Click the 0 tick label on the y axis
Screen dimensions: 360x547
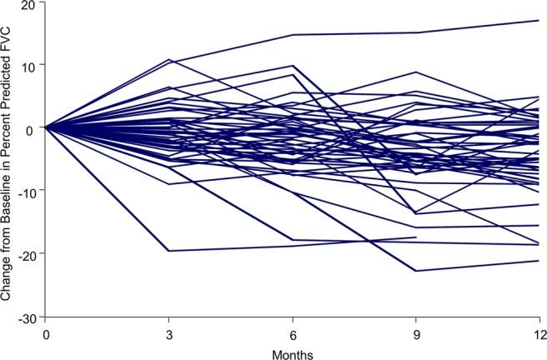click(x=31, y=129)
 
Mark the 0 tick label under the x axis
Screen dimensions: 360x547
click(x=46, y=333)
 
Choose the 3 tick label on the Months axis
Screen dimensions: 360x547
click(x=169, y=333)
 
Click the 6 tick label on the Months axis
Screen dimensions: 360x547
click(x=293, y=333)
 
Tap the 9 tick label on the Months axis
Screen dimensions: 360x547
click(x=416, y=333)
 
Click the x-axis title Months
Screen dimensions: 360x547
click(x=292, y=352)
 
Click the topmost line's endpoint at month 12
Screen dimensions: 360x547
click(x=539, y=20)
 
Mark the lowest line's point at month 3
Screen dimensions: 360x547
click(x=169, y=251)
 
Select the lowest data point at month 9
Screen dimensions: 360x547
click(x=416, y=271)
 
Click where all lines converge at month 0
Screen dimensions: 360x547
click(x=46, y=127)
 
